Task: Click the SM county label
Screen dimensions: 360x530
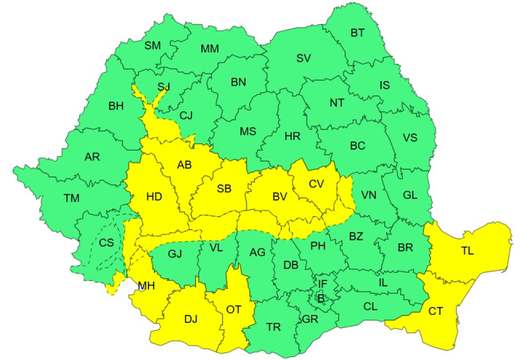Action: click(153, 45)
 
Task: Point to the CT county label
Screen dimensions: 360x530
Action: click(436, 311)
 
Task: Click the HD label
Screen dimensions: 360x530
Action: click(154, 197)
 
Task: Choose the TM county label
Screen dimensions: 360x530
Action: click(71, 198)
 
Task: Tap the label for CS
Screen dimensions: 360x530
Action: click(107, 242)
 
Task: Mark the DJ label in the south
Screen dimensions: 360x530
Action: click(191, 319)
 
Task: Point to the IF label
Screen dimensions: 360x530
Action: click(323, 284)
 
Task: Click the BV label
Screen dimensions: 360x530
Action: click(280, 197)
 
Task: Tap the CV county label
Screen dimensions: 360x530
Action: click(317, 184)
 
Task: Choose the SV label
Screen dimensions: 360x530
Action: click(303, 58)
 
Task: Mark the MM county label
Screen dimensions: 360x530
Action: click(210, 49)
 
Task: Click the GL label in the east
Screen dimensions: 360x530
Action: click(410, 195)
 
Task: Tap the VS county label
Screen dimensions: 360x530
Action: click(410, 138)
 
